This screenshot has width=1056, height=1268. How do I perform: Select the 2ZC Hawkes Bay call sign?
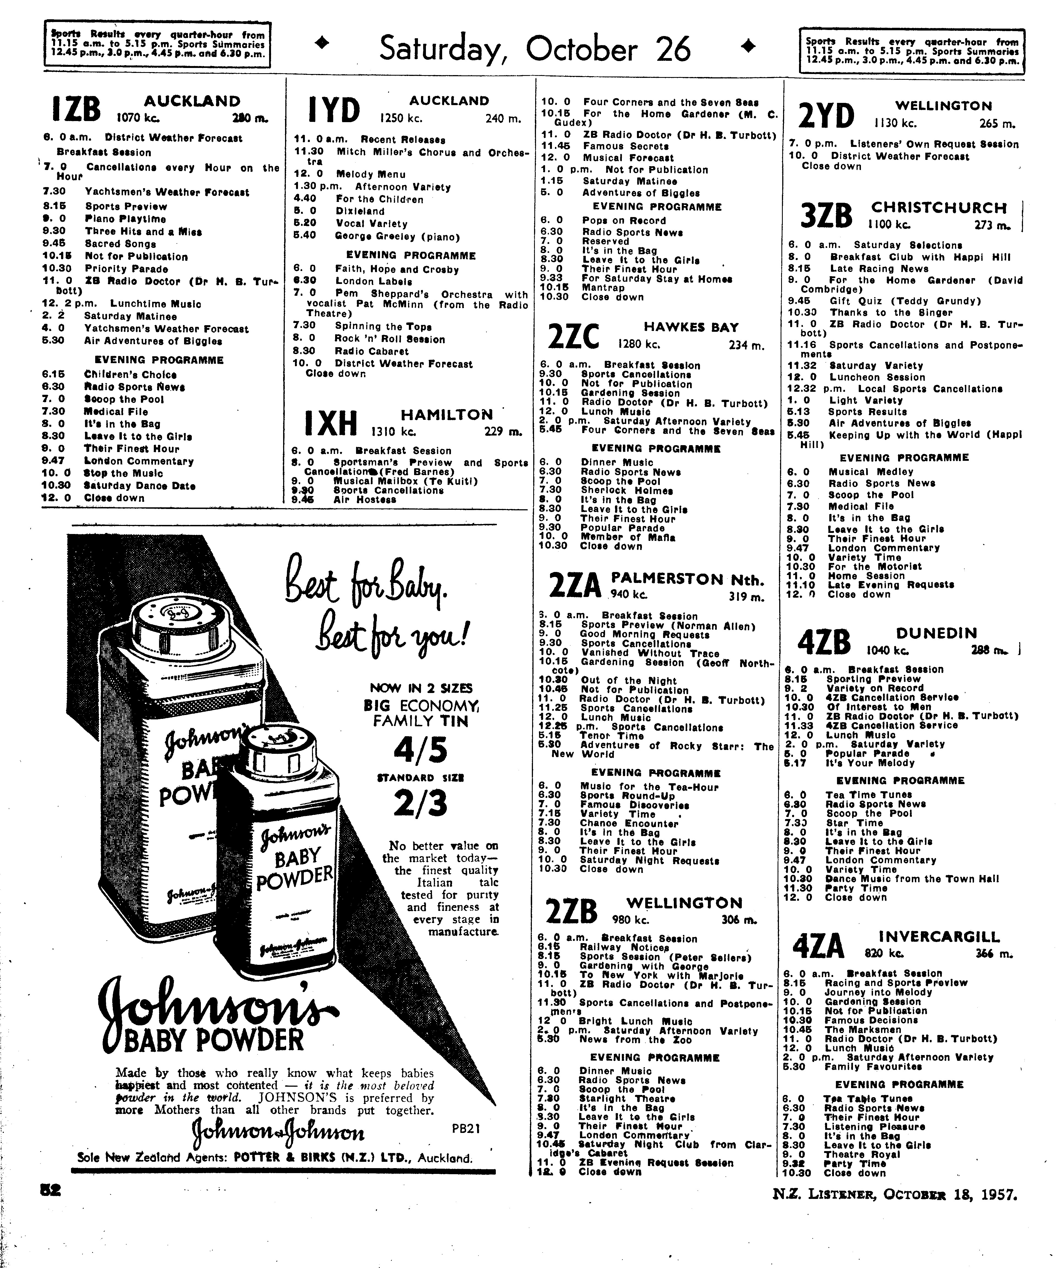pyautogui.click(x=573, y=336)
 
